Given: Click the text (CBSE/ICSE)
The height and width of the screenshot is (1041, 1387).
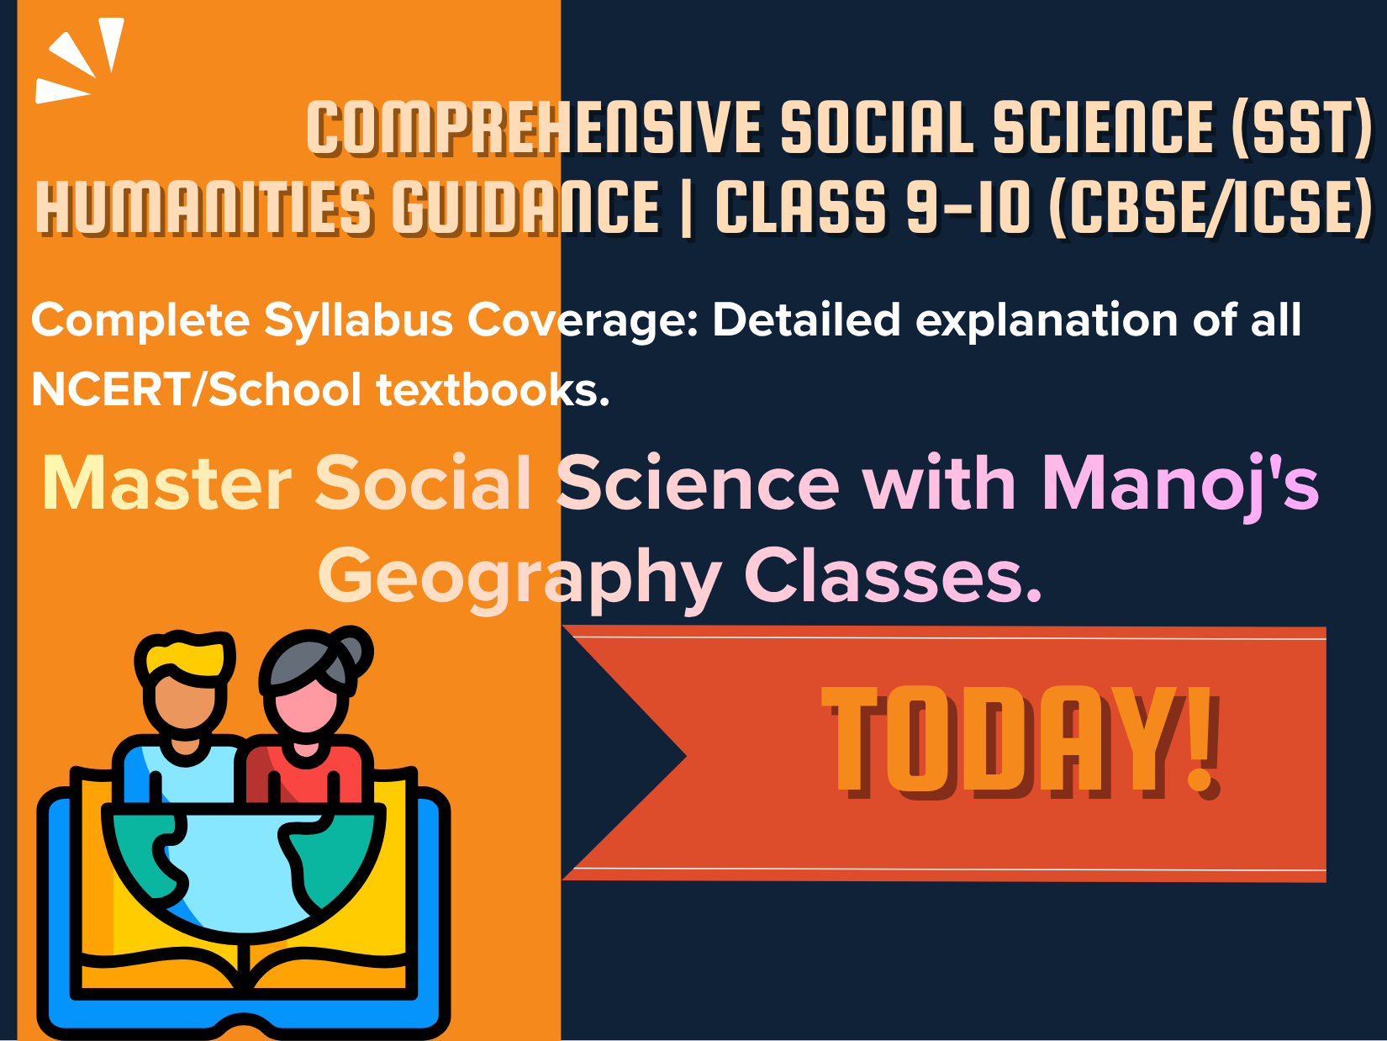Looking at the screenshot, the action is (x=1210, y=207).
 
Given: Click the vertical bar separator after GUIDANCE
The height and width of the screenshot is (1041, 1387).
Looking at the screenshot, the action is (x=687, y=207).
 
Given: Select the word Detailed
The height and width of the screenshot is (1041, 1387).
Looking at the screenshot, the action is (x=806, y=320).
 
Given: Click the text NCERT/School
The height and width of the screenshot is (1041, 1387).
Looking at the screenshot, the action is (x=196, y=388).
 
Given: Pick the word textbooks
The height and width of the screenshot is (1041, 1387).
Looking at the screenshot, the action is (x=493, y=388).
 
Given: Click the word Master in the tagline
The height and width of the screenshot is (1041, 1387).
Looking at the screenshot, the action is (x=166, y=484).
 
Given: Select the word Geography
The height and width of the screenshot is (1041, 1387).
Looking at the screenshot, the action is (x=519, y=579).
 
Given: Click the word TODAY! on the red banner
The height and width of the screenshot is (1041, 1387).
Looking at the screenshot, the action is (x=1021, y=741).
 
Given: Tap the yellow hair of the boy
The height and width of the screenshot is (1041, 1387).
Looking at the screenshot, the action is (x=184, y=658).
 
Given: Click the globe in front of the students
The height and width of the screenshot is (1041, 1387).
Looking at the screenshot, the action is (x=243, y=871).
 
